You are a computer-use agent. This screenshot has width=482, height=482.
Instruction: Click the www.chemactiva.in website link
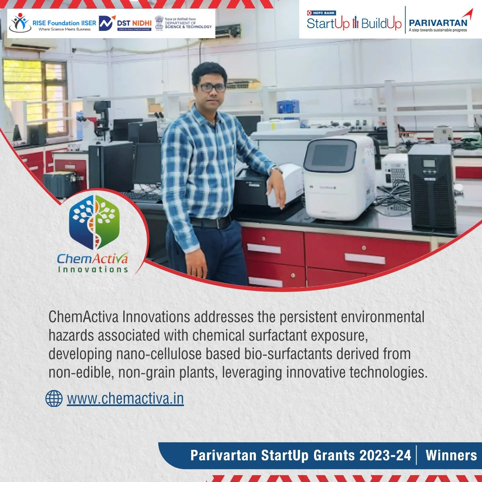(x=125, y=399)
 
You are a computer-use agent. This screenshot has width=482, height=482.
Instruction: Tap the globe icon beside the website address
(x=54, y=398)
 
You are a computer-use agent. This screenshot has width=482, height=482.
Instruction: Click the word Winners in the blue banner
(x=451, y=455)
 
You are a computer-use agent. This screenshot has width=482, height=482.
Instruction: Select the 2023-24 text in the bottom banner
(x=385, y=455)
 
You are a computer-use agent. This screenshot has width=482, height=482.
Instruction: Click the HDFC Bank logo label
(x=321, y=13)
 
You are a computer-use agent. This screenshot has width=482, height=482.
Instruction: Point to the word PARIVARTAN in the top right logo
(x=438, y=23)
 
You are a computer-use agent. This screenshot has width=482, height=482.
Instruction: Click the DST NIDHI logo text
(x=134, y=23)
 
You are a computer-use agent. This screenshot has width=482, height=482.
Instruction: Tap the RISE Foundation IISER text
(x=64, y=23)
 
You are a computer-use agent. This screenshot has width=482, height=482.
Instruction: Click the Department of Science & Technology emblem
(x=159, y=23)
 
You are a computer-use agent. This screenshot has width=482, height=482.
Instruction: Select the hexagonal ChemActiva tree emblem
(x=95, y=222)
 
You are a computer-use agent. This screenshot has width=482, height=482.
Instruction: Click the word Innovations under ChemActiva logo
(x=93, y=269)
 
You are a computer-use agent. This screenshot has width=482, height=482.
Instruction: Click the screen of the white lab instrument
(x=330, y=155)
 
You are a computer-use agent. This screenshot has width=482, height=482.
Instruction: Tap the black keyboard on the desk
(x=141, y=196)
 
